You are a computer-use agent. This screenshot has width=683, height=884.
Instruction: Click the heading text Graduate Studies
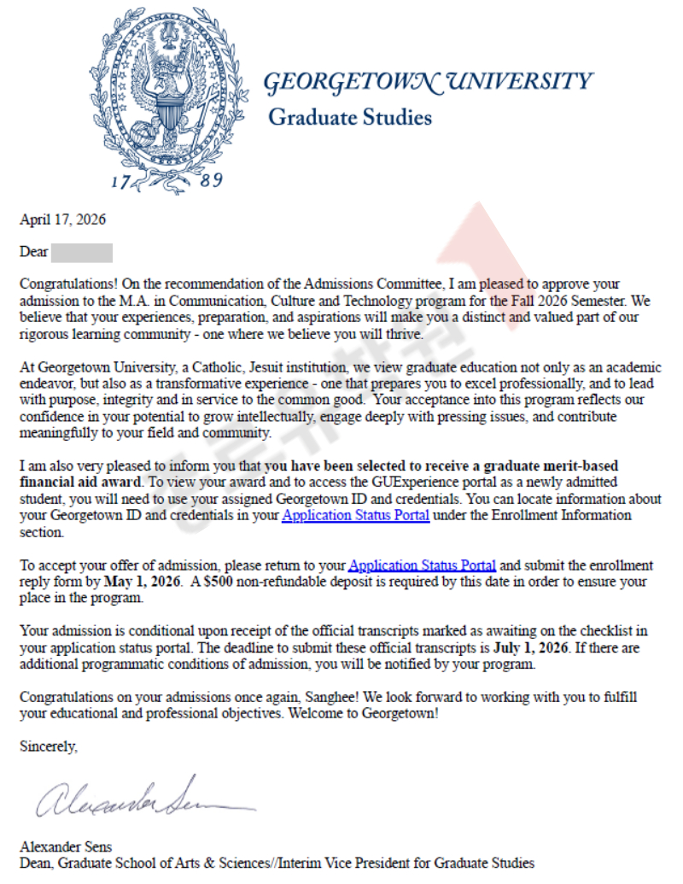[x=350, y=117]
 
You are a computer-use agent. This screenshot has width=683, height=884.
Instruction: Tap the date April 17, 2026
[x=62, y=220]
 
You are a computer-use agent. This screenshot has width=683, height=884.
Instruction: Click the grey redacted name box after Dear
[x=82, y=253]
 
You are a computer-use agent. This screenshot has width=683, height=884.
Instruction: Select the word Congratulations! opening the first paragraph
[x=67, y=284]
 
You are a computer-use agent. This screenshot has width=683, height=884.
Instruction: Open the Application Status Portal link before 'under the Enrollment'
[x=355, y=516]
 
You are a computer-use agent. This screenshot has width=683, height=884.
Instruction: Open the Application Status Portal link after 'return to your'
[x=423, y=565]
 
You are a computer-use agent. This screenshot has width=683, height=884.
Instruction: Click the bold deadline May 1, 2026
[x=142, y=582]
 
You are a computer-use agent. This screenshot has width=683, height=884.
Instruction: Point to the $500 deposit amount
[x=219, y=582]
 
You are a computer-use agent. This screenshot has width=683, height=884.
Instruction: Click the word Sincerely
[x=49, y=746]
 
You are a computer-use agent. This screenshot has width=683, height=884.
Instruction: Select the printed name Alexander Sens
[x=66, y=847]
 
